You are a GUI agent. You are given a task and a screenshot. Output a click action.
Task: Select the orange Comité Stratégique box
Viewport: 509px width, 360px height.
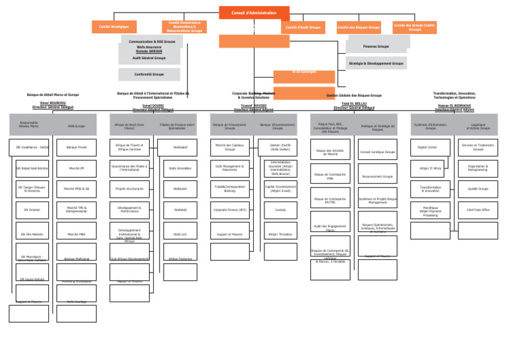click(x=114, y=27)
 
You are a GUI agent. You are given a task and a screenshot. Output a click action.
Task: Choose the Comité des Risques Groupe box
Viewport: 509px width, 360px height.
click(x=358, y=27)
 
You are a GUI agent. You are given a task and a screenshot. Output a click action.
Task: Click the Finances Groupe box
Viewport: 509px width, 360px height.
click(x=376, y=46)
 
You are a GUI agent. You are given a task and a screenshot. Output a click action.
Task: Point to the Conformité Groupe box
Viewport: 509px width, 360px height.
click(x=149, y=74)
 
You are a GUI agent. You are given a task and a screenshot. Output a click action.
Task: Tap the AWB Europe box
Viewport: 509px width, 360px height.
click(x=76, y=125)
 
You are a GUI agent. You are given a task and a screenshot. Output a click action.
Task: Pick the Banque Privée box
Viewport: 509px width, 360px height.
click(x=76, y=146)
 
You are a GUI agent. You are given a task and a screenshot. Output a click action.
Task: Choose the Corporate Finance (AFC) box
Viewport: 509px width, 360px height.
click(x=230, y=210)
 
